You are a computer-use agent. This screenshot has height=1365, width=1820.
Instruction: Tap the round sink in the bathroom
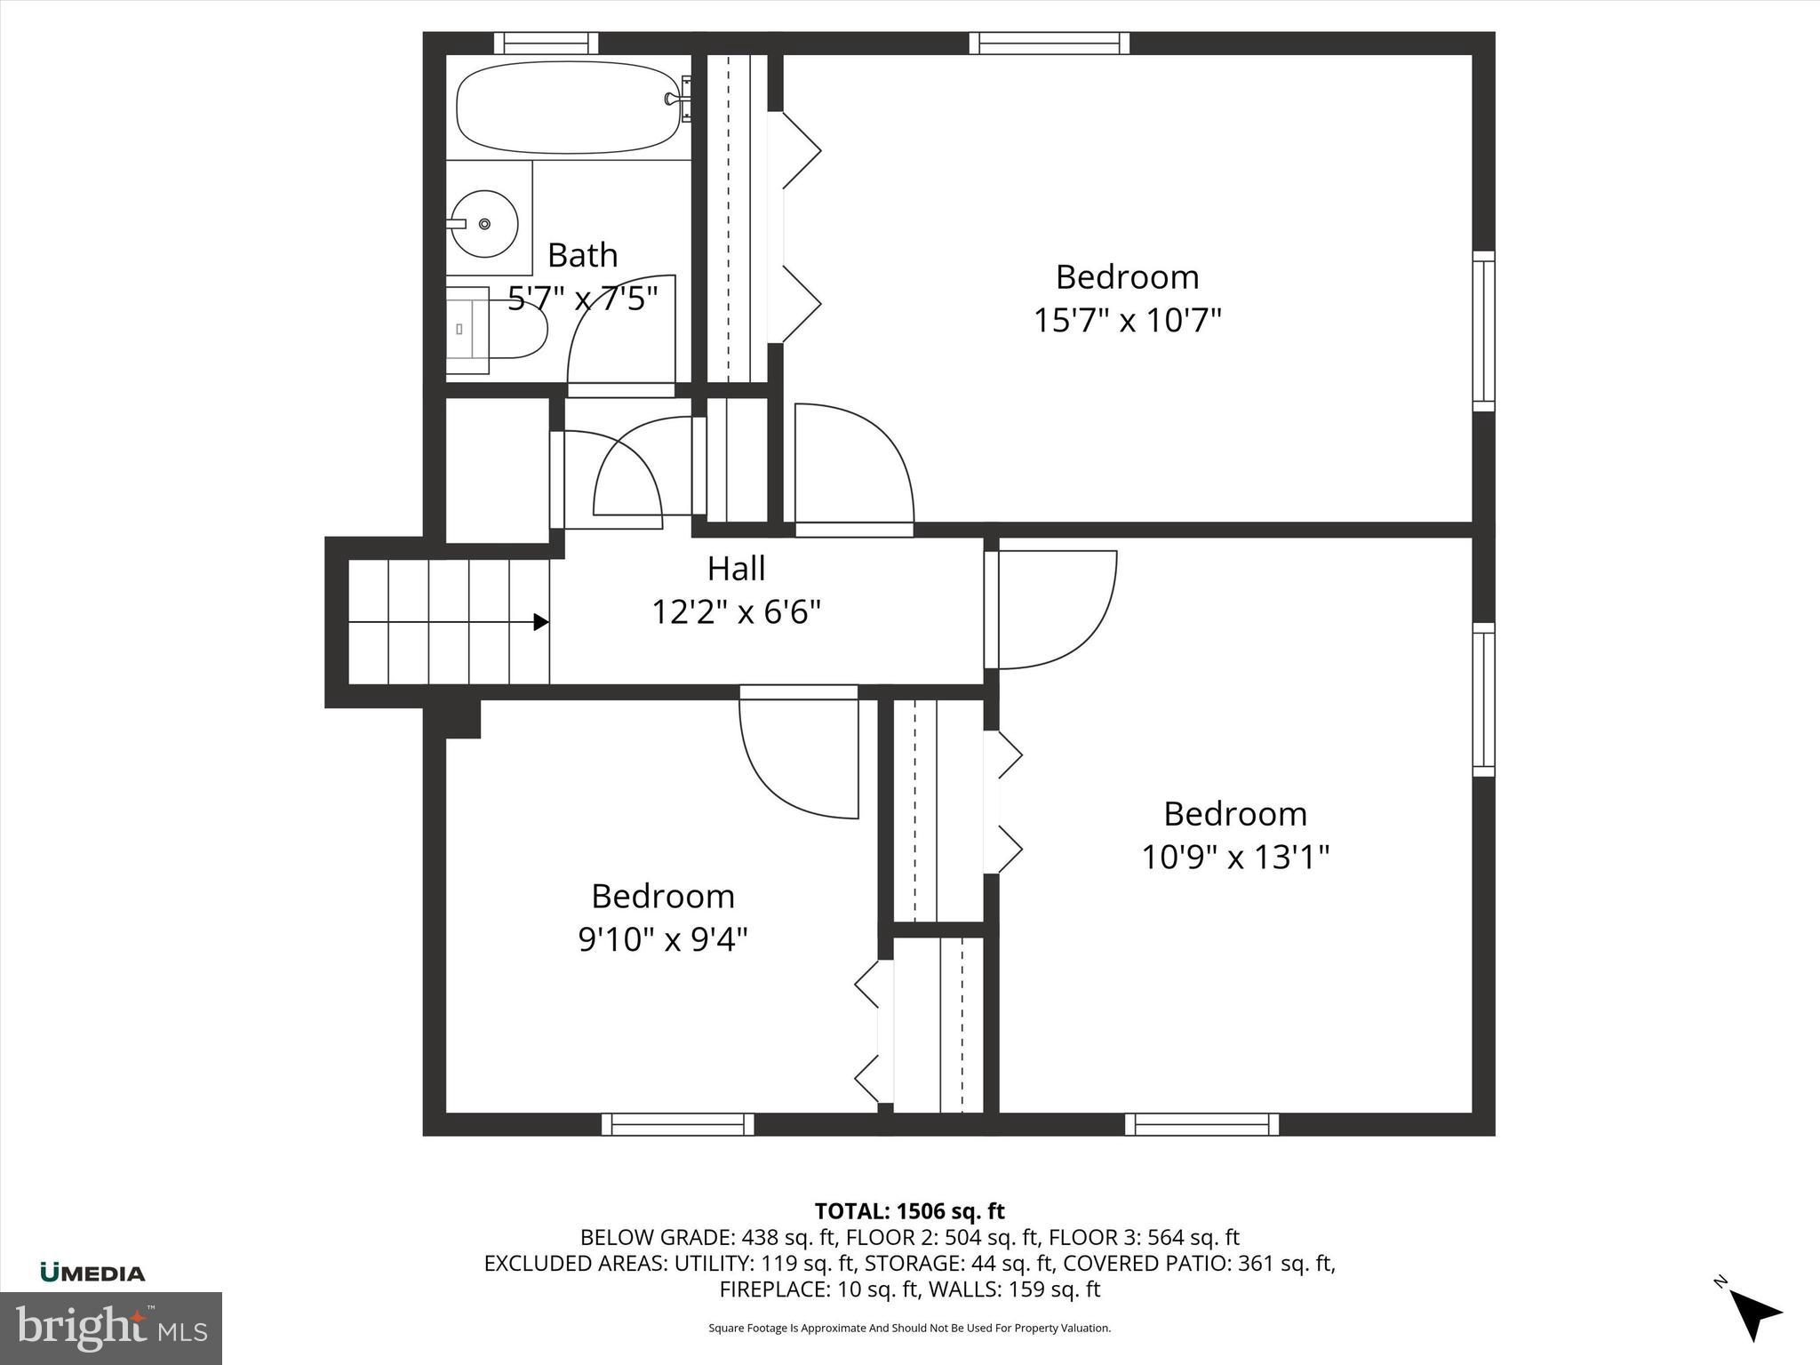point(484,224)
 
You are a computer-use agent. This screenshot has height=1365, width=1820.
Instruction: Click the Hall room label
point(736,569)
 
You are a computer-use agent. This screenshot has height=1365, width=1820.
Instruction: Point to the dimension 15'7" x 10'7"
point(1127,320)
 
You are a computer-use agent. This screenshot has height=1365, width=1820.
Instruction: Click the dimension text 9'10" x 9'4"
point(663,939)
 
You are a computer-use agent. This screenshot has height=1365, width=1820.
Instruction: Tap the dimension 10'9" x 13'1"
point(1234,858)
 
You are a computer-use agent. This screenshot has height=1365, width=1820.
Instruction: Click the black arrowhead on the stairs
point(540,622)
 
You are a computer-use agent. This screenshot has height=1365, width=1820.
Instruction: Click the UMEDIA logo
point(92,1273)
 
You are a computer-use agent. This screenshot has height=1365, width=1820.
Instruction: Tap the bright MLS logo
point(110,1329)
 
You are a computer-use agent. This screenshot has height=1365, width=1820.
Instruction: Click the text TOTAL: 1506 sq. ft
point(909,1211)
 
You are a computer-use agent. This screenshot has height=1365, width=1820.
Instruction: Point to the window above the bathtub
point(546,43)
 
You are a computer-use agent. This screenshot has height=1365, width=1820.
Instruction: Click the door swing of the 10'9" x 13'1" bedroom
point(1053,609)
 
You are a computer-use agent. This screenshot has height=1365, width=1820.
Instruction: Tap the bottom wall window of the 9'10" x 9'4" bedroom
point(678,1124)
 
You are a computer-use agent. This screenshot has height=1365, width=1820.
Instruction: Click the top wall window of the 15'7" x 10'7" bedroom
point(1050,43)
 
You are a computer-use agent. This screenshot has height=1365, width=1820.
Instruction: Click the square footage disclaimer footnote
point(909,1329)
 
